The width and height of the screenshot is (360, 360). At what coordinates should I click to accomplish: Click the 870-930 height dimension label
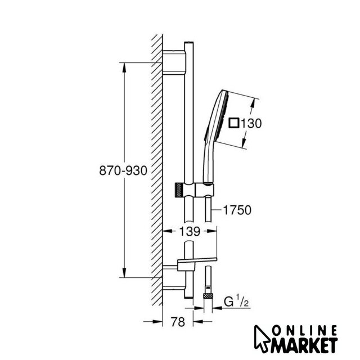pyautogui.click(x=123, y=170)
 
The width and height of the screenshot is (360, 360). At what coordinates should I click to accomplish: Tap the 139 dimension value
pyautogui.click(x=190, y=231)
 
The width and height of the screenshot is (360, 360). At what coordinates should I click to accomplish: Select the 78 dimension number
pyautogui.click(x=178, y=322)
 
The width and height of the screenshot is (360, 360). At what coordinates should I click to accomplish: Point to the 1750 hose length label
pyautogui.click(x=237, y=210)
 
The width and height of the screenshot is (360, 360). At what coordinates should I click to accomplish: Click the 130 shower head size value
pyautogui.click(x=251, y=123)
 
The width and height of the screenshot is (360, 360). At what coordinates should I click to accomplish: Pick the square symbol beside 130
pyautogui.click(x=234, y=123)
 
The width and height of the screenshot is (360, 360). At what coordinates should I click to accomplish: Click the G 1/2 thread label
pyautogui.click(x=236, y=301)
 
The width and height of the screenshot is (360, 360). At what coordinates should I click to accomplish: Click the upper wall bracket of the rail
pyautogui.click(x=174, y=62)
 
